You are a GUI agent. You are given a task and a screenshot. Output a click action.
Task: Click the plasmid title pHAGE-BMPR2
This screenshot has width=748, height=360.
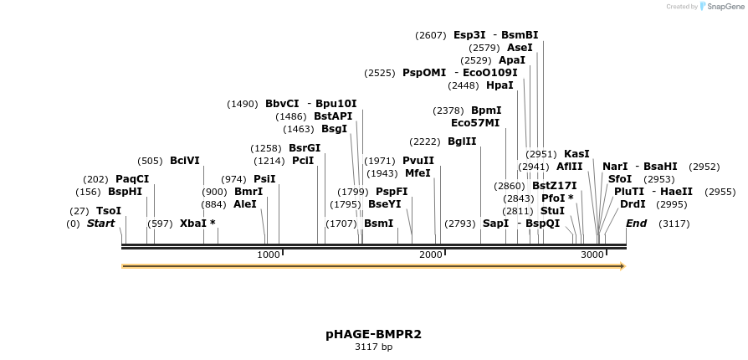[x=373, y=334]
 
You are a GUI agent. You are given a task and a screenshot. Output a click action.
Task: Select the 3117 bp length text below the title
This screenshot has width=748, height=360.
[x=373, y=347]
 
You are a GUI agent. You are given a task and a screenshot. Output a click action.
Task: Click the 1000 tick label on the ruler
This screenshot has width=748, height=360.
[x=269, y=255]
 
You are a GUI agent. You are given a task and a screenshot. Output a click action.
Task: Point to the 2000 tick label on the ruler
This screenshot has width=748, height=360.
[x=430, y=255]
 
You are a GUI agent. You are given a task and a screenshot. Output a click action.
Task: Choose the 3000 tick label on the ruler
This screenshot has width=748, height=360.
[x=592, y=255]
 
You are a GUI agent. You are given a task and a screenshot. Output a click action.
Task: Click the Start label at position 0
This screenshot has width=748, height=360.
[x=100, y=224]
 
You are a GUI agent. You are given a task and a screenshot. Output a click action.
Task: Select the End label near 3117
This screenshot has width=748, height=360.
[x=636, y=224]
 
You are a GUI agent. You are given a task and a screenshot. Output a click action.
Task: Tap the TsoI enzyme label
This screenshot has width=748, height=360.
[x=109, y=211]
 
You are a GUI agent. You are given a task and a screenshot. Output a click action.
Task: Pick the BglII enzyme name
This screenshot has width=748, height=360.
[x=462, y=141]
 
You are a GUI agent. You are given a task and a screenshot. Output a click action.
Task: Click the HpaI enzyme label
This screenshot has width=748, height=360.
[x=500, y=85]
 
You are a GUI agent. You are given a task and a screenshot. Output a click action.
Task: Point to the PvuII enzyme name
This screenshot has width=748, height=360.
[x=418, y=161]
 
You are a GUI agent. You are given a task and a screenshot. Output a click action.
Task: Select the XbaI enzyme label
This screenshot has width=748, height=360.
[x=197, y=224]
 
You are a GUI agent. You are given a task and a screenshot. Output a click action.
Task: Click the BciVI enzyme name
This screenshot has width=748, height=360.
[x=185, y=161]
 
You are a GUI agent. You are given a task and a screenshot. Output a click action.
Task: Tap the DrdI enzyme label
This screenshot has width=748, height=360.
[x=633, y=204]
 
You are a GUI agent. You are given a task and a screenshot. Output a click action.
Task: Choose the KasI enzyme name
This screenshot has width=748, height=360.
[x=576, y=154]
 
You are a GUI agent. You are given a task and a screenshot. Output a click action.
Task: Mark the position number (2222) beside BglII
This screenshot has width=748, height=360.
[x=425, y=141]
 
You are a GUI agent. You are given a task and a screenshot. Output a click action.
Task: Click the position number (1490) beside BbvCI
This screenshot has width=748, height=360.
[x=243, y=104]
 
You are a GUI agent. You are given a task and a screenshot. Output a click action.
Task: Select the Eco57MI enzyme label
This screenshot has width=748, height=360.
[x=475, y=123]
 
